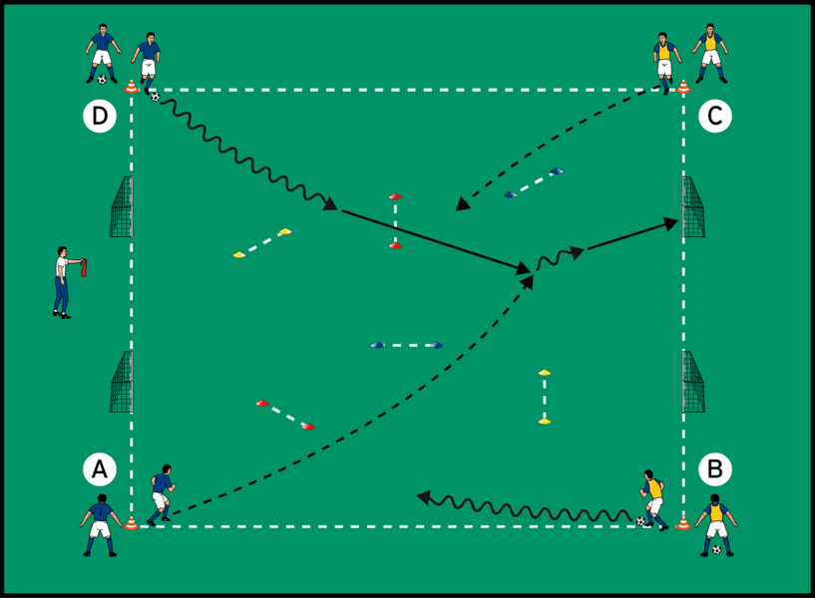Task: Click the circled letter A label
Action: tap(98, 466)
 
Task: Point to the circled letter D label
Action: tap(98, 117)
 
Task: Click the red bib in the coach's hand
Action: tap(84, 267)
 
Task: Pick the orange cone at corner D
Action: tap(131, 87)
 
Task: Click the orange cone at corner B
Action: tap(683, 520)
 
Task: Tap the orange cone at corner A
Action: tap(131, 520)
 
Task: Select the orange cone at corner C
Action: tap(683, 87)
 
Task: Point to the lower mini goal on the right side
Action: tap(693, 382)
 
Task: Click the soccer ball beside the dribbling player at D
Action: tap(155, 96)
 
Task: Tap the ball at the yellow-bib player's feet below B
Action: tap(716, 549)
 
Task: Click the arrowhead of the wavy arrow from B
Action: tap(423, 495)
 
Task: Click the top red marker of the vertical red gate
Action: tap(395, 196)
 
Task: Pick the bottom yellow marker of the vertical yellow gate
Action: tap(545, 422)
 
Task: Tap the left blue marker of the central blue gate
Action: tap(377, 345)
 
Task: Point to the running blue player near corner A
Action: tap(161, 491)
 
